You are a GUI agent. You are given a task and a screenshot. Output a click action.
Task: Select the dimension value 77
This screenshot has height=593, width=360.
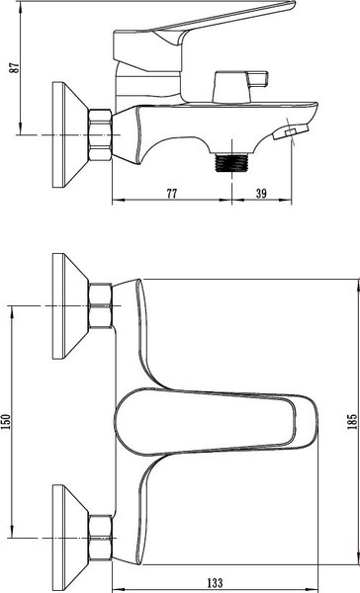coord(172,194)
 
